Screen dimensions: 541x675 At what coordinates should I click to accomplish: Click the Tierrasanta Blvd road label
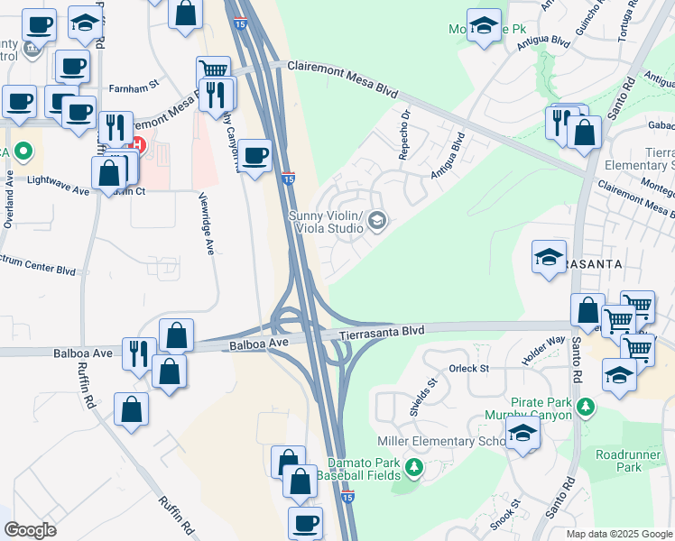point(382,332)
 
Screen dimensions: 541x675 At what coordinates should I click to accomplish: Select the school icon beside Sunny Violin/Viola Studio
point(377,220)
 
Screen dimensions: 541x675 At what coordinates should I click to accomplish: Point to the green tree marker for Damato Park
point(414,467)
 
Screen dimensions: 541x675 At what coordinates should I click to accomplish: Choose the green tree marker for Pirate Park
point(587,407)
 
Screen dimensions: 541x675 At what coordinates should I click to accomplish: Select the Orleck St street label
point(468,368)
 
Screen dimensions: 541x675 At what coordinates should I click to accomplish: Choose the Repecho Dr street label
point(405,135)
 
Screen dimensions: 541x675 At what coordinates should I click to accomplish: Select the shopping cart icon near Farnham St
point(212,71)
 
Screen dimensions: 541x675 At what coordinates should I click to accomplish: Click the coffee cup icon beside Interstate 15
point(254,155)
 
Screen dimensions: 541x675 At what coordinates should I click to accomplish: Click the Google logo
point(30,530)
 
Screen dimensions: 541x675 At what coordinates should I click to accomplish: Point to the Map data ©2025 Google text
point(618,534)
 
